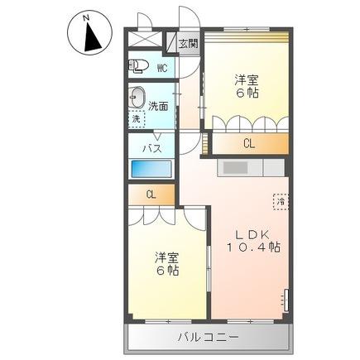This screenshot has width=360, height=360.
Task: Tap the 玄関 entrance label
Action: coord(187,44)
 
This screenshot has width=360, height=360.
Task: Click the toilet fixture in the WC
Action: coord(138,67)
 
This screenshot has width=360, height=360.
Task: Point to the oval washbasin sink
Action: coord(137,96)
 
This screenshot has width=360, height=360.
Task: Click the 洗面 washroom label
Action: coord(159,106)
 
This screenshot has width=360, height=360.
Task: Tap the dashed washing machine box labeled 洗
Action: coord(137,118)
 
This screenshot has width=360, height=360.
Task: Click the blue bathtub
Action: coord(151,168)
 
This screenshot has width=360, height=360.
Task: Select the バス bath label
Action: coord(151,148)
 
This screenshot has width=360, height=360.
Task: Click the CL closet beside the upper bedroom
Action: coord(248,144)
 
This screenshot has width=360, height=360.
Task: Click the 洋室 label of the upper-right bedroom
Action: coord(246,79)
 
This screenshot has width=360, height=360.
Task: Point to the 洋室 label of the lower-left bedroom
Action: coord(165,257)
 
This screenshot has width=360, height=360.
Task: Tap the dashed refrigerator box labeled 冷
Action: coord(281,201)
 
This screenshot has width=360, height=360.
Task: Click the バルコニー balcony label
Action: coord(208,337)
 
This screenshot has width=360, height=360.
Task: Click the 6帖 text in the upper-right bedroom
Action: coord(246,93)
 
